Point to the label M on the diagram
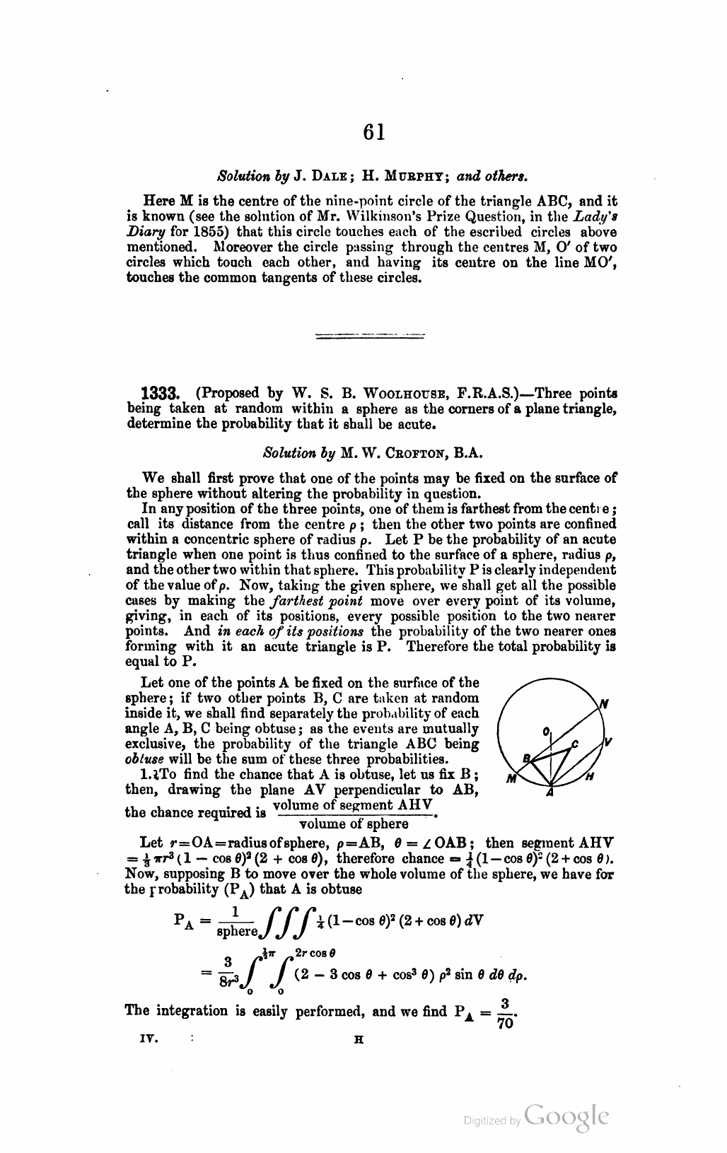coord(512,780)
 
